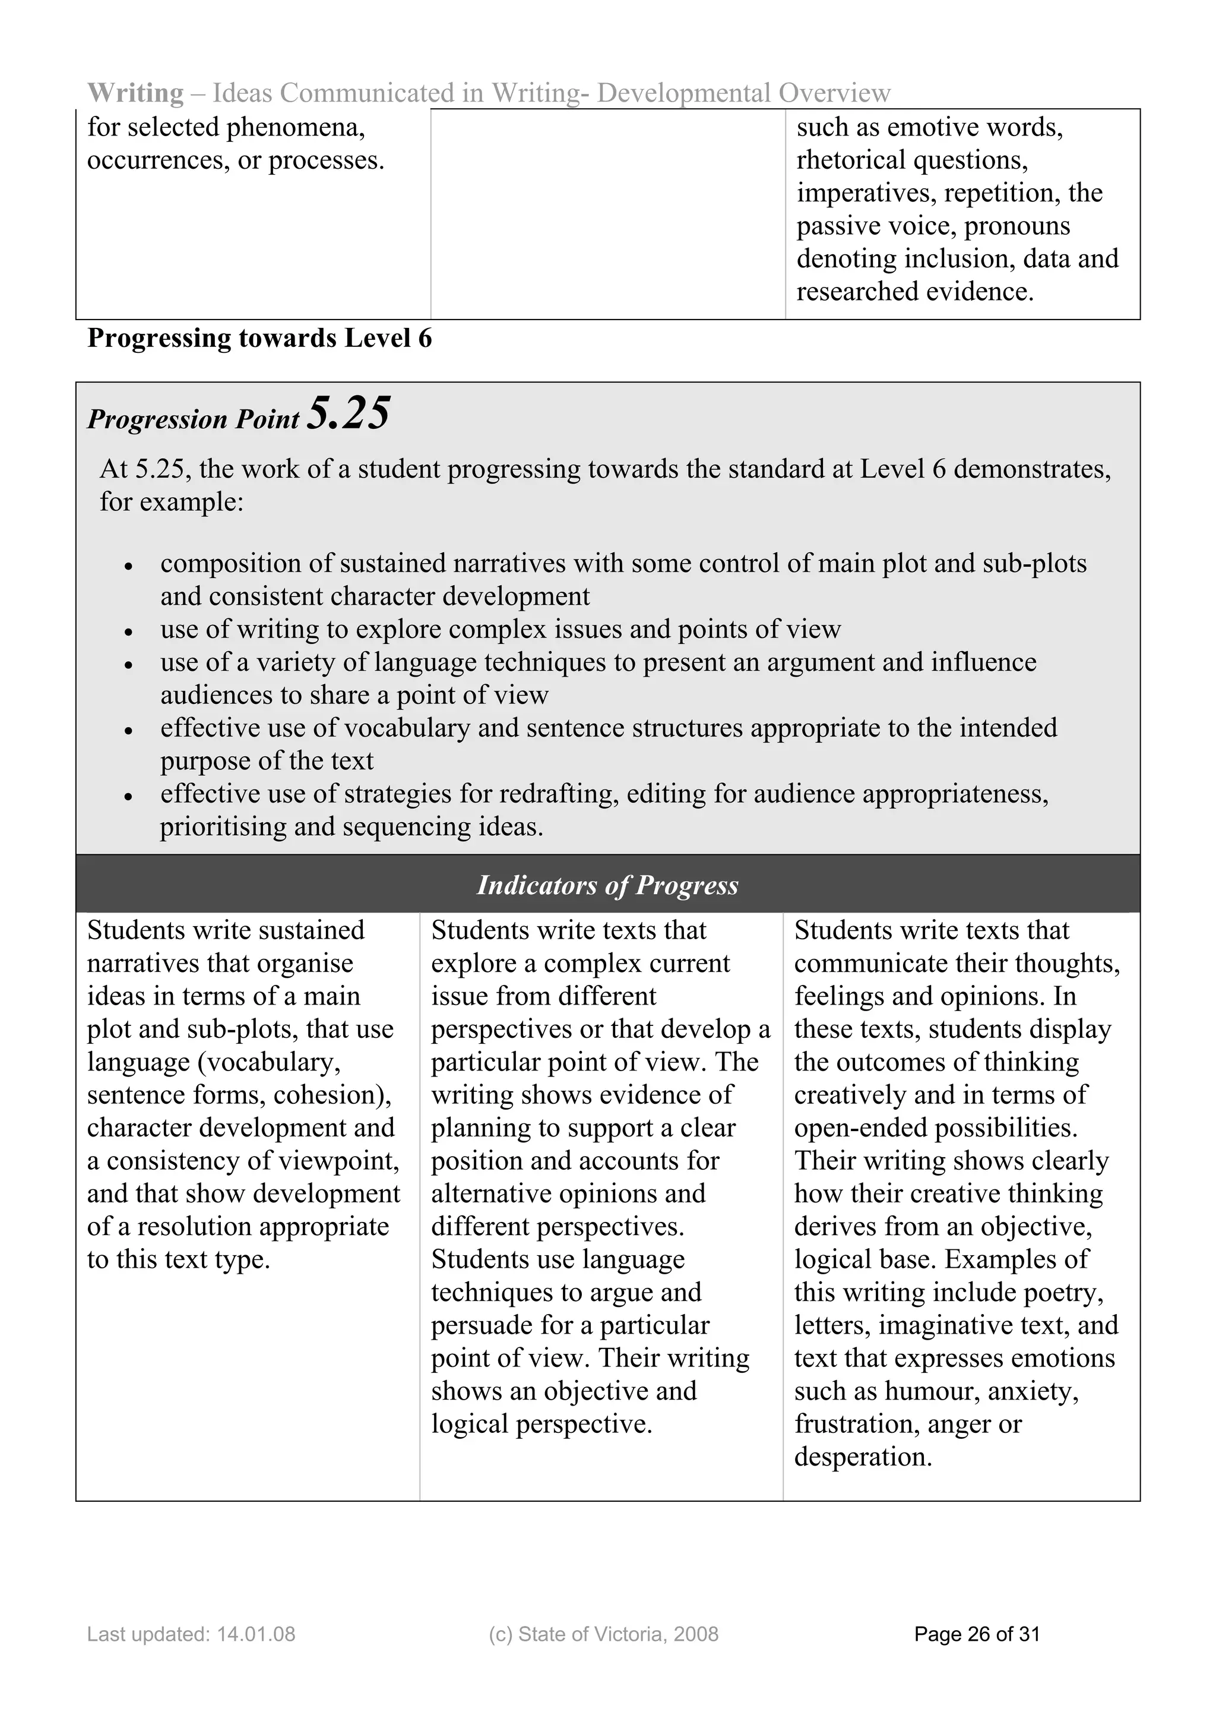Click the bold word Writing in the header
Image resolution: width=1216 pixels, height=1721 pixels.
coord(135,93)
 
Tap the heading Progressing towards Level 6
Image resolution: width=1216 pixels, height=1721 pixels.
coord(259,338)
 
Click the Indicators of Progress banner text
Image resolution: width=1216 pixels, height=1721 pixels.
coord(607,885)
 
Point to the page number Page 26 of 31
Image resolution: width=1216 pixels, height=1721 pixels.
coord(977,1634)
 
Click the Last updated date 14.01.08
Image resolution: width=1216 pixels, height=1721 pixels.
coord(255,1634)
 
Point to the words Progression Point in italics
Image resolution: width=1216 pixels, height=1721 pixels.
coord(194,419)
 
